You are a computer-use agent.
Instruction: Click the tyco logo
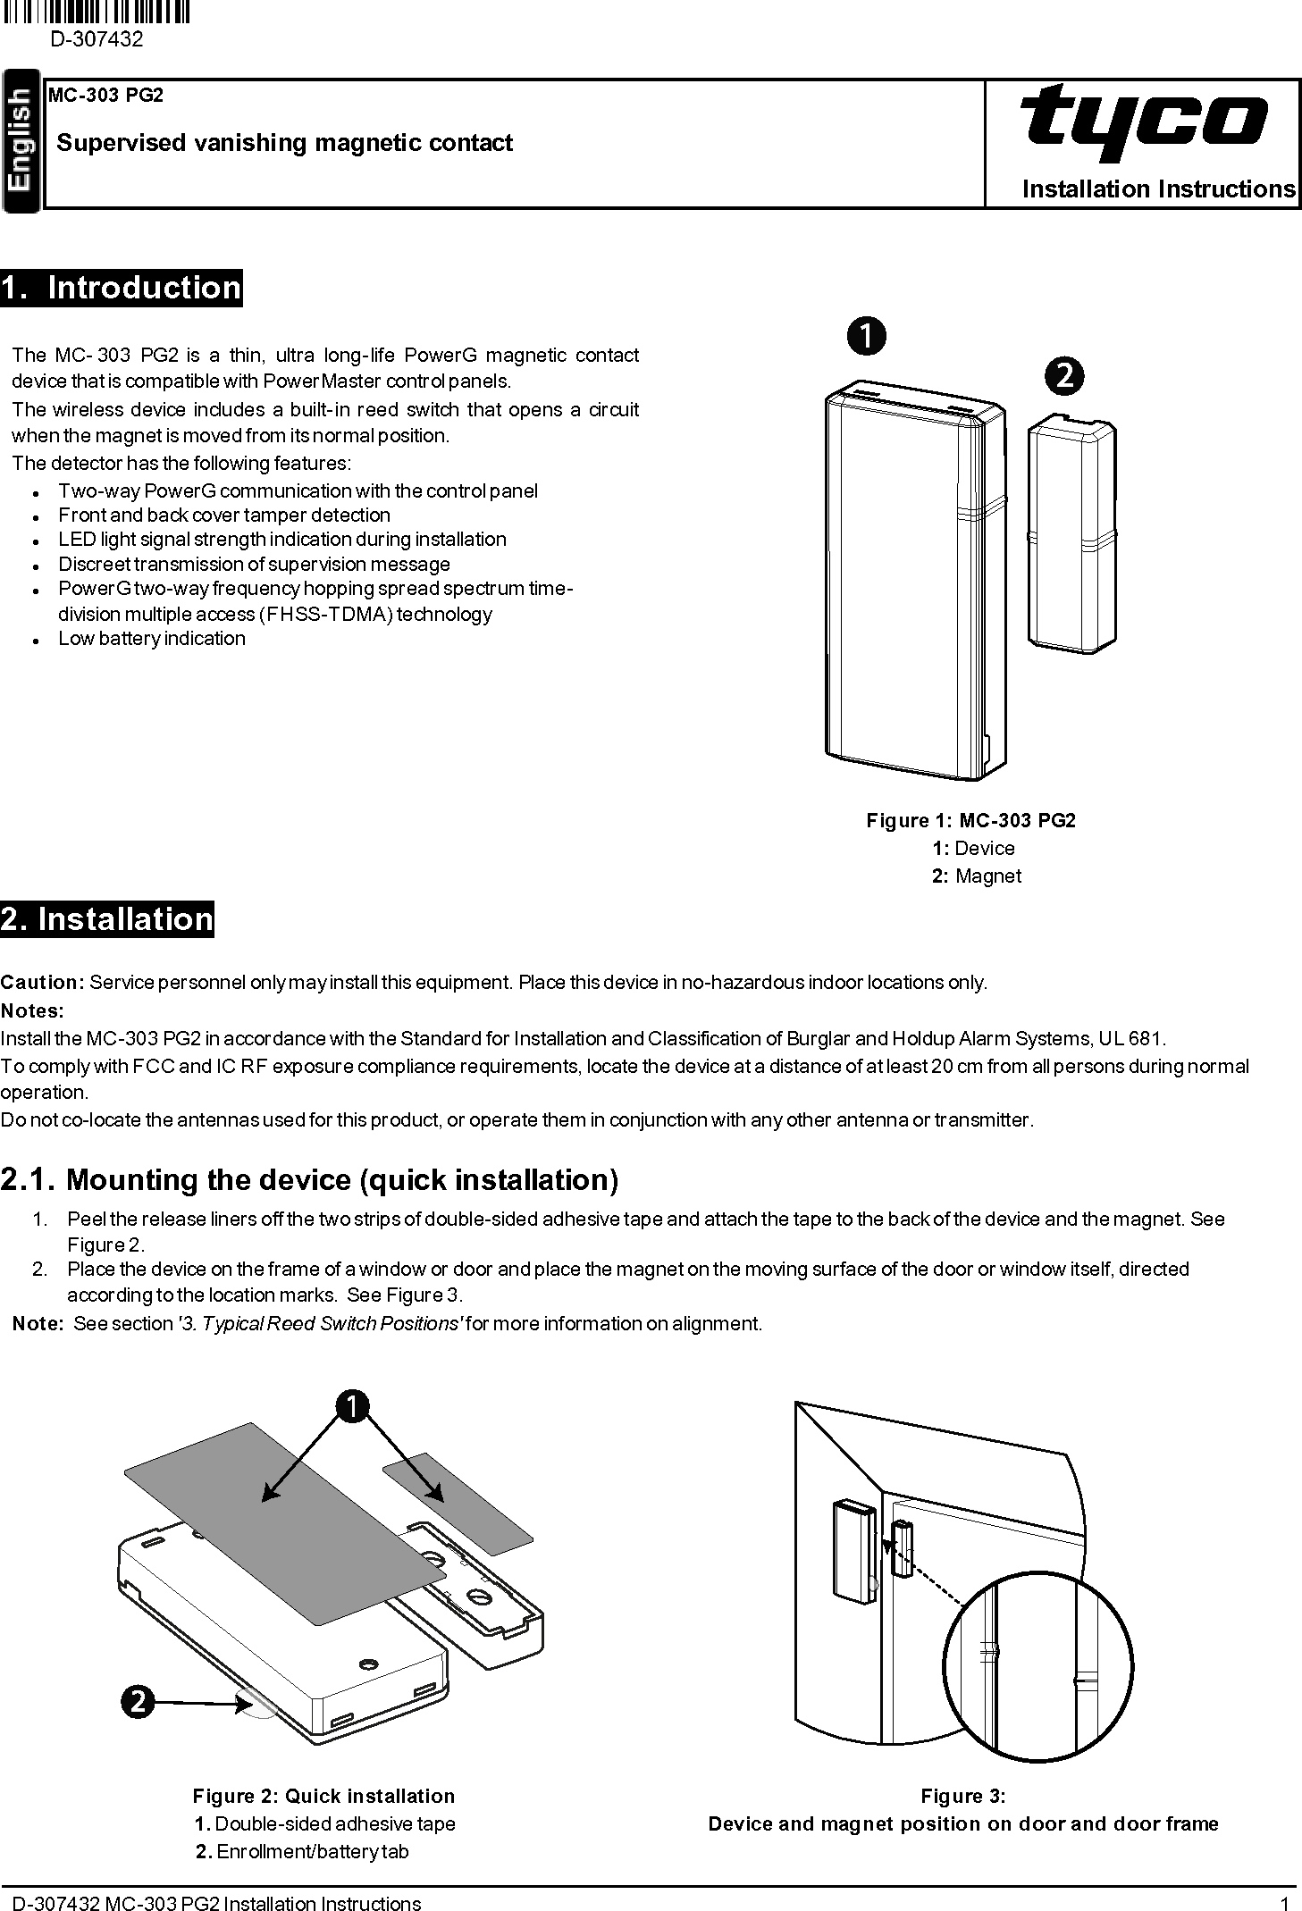(1144, 122)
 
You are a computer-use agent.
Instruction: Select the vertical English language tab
(21, 141)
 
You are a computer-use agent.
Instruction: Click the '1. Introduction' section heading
(122, 289)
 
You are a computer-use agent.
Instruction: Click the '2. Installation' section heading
(107, 919)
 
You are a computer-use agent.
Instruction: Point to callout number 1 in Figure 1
(866, 336)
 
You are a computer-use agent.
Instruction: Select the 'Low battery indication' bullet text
(152, 639)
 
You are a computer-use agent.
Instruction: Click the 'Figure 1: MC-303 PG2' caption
(970, 820)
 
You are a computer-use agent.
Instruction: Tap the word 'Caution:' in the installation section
(42, 983)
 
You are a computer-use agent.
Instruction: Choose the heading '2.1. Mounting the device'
(309, 1180)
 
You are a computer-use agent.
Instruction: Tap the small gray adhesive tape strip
(458, 1503)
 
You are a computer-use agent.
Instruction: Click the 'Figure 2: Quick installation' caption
(323, 1796)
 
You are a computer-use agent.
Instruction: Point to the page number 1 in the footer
(1283, 1903)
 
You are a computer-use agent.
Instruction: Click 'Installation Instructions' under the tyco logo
(1158, 189)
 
